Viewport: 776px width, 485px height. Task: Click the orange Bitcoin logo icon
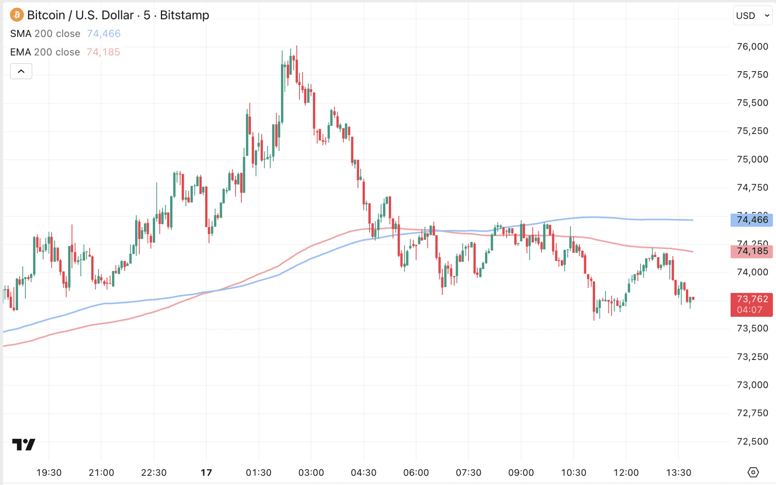16,15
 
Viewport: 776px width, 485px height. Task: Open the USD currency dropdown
752,16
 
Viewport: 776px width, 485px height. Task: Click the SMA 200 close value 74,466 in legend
104,34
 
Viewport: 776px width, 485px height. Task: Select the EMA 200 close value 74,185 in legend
103,52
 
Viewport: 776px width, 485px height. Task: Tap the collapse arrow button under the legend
21,72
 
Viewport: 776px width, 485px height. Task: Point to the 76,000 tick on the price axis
752,47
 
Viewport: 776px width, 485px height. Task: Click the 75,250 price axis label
752,131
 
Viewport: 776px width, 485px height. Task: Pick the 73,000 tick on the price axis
752,385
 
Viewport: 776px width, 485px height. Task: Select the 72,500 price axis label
752,442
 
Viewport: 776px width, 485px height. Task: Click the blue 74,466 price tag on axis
751,220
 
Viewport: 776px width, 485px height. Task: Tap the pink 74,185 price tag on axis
751,251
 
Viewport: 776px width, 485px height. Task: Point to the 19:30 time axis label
49,473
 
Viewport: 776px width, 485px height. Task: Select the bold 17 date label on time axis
206,473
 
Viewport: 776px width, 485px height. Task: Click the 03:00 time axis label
311,473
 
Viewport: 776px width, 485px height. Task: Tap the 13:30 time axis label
679,473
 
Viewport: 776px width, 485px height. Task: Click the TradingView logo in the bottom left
24,444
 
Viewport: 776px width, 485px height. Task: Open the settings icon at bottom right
753,472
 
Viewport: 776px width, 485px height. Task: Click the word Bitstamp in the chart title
185,15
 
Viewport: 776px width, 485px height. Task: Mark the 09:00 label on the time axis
521,473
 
